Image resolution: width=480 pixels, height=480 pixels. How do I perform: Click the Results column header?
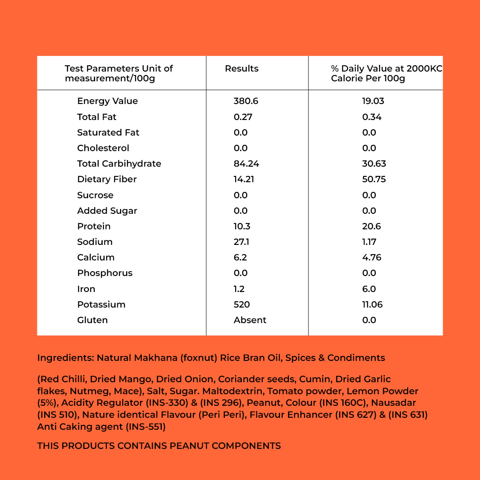pos(241,68)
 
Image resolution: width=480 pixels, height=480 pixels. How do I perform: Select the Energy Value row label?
pos(108,101)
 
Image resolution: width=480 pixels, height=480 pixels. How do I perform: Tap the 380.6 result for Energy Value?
pos(246,101)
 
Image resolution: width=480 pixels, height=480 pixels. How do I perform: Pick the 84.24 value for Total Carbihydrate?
pos(246,164)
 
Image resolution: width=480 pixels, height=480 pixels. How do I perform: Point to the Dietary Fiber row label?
pos(107,179)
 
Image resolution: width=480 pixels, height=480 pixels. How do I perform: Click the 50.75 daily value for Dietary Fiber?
pos(374,179)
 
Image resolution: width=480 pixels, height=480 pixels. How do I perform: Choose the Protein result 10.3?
pos(242,226)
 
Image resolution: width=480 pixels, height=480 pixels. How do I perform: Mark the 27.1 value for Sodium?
pos(241,242)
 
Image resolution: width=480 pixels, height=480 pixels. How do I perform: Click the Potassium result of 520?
pos(242,304)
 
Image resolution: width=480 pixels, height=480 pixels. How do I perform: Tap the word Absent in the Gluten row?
pos(250,320)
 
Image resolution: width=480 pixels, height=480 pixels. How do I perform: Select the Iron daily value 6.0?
pos(369,289)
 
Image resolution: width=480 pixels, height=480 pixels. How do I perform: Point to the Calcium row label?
pos(96,257)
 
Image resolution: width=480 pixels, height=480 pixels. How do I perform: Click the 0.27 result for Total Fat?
pos(243,117)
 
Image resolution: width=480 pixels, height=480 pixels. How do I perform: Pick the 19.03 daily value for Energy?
pos(373,101)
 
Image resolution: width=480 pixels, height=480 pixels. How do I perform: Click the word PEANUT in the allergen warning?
pos(189,446)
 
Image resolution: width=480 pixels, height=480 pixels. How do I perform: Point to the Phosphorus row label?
pos(105,273)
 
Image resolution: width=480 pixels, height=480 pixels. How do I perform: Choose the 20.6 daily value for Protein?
pos(371,226)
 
